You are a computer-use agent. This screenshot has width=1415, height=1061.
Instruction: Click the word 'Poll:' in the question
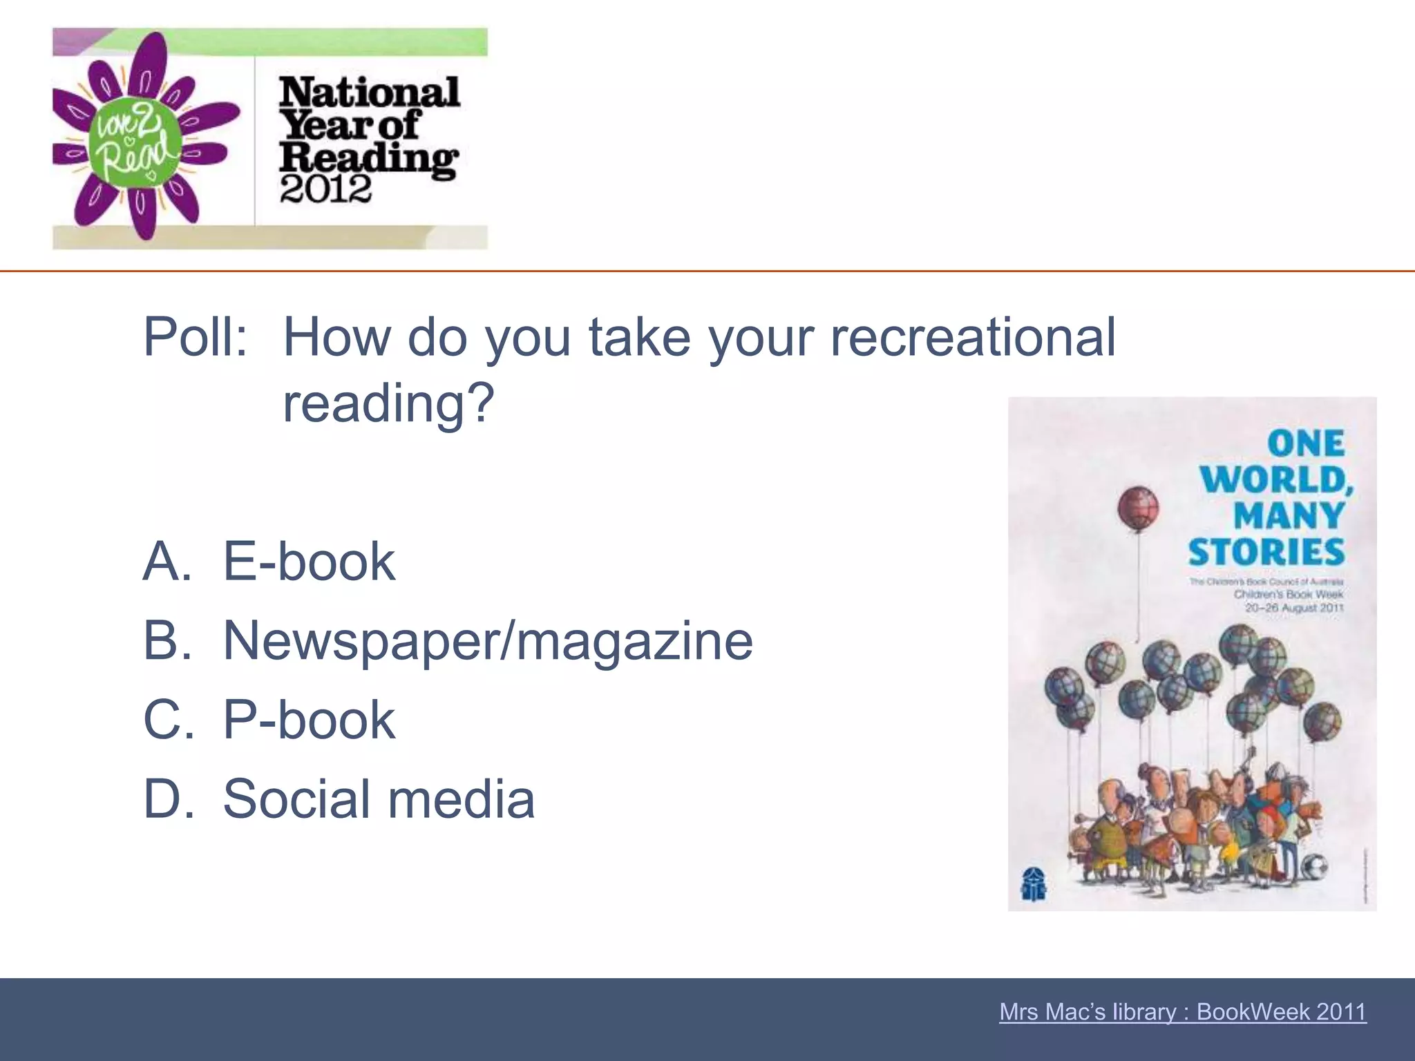tap(195, 337)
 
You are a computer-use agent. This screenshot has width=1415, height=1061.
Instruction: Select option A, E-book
tap(308, 561)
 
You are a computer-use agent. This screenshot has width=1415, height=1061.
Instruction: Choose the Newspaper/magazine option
tap(487, 641)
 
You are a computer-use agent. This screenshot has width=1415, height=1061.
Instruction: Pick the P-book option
tap(308, 720)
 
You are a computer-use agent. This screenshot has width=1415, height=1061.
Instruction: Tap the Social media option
tap(379, 799)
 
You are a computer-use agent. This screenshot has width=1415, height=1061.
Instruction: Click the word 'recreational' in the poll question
tap(972, 337)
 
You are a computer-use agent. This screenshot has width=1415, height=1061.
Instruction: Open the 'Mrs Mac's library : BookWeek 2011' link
tap(1182, 1012)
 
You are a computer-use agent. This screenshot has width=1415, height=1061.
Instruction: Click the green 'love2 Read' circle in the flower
tap(133, 143)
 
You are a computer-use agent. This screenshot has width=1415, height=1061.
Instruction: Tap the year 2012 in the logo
tap(325, 189)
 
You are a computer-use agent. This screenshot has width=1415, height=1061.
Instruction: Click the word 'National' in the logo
tap(369, 93)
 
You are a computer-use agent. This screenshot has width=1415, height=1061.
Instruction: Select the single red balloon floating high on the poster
tap(1138, 508)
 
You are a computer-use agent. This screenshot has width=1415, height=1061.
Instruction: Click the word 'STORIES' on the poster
tap(1266, 553)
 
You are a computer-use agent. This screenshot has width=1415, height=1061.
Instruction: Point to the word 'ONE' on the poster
tap(1306, 443)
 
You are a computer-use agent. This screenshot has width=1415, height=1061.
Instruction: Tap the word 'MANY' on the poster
tap(1289, 516)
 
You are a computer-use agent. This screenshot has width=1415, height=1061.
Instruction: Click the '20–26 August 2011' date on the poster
tap(1293, 608)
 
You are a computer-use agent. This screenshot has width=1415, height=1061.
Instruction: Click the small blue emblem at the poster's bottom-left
tap(1034, 883)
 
